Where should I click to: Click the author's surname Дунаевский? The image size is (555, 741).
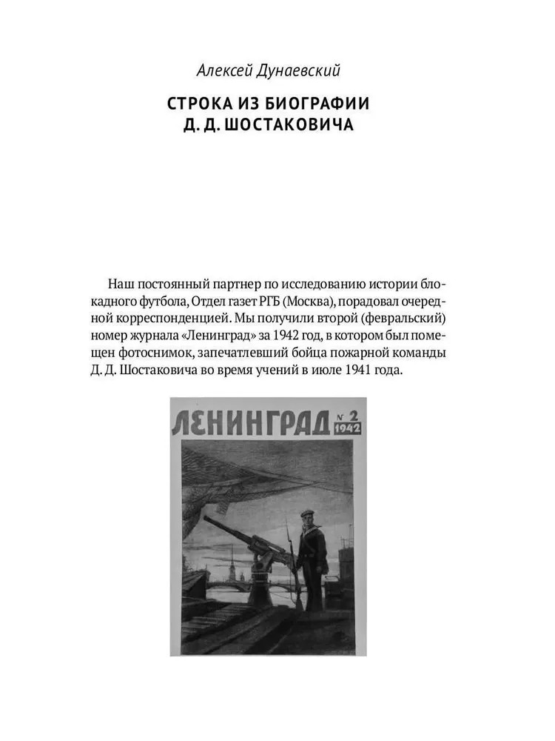tap(306, 71)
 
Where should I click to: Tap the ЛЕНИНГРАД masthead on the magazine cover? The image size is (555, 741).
tap(251, 421)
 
